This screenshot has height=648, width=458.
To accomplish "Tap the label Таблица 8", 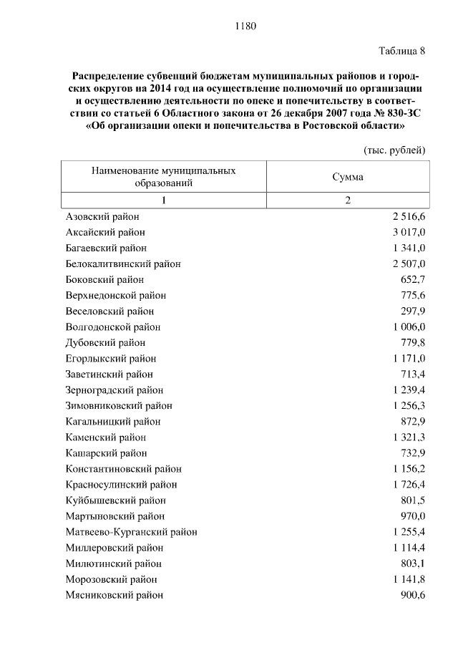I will tap(401, 51).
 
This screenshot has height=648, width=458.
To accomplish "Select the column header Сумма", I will tap(348, 177).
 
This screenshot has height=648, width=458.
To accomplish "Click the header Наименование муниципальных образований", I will tap(164, 177).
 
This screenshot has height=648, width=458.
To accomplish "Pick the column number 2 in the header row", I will tap(348, 200).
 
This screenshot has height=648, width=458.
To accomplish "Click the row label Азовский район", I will tap(102, 216).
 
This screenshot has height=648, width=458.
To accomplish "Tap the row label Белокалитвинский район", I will tap(123, 263).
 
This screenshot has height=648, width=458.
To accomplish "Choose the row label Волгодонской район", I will tap(113, 327).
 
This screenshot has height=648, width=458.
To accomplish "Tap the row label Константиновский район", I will tap(124, 468).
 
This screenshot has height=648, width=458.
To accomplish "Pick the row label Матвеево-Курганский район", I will tap(132, 531).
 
